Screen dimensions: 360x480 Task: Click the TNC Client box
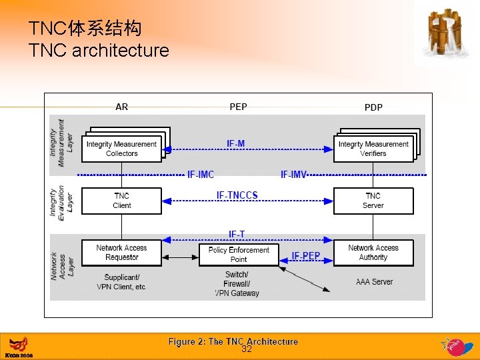tap(121, 201)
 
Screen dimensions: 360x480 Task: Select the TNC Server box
tap(373, 201)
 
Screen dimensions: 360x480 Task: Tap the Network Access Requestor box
tap(121, 252)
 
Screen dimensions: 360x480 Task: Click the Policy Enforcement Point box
tap(239, 254)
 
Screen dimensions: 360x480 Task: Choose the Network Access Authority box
tap(373, 252)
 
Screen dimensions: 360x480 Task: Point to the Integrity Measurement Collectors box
tap(121, 149)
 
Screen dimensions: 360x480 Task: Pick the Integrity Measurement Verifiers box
tap(373, 149)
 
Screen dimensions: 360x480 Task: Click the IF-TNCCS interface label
tap(237, 195)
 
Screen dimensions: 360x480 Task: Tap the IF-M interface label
tap(235, 143)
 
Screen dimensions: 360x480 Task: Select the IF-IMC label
tap(201, 175)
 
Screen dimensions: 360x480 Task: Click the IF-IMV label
tap(293, 175)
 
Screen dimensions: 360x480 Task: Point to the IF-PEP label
tap(305, 256)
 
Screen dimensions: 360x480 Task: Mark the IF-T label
tap(237, 234)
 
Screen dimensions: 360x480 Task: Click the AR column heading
tap(122, 107)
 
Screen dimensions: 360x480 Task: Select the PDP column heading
tap(373, 107)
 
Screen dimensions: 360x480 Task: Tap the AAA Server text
tap(374, 282)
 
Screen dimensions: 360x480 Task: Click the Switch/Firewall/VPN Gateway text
tap(237, 284)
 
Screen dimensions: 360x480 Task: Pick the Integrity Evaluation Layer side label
tap(62, 201)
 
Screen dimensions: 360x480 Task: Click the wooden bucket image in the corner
tap(444, 33)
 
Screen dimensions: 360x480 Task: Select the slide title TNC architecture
tap(99, 50)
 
